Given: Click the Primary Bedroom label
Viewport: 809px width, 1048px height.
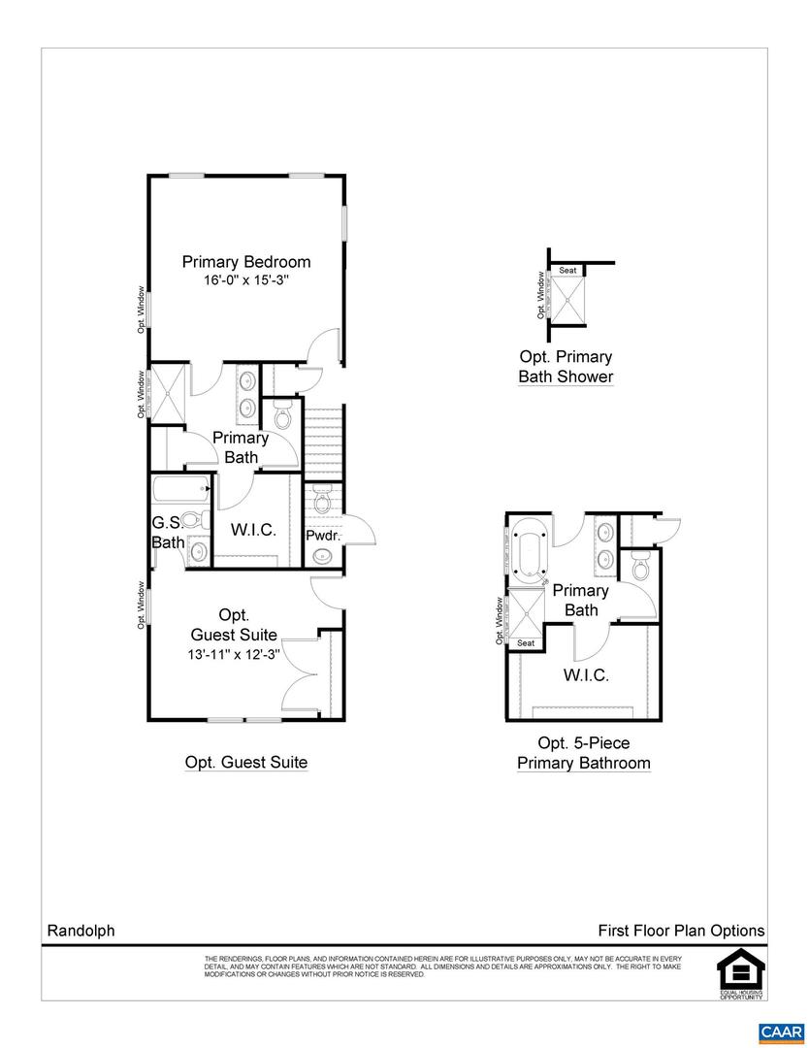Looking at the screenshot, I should point(246,261).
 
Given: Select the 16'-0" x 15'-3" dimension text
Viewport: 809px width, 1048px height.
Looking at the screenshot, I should point(246,280).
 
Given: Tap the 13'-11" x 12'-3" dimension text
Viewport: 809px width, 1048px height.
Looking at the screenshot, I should point(234,654).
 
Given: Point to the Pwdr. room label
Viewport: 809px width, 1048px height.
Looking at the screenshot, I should point(322,535).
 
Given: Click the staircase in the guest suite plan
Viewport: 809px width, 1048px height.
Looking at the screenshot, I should point(323,442).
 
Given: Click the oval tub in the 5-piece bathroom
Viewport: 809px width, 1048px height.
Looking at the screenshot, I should point(528,554).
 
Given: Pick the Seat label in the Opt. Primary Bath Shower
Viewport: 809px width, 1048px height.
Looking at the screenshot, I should point(567,271).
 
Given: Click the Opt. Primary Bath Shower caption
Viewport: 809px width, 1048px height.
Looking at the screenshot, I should point(566,367).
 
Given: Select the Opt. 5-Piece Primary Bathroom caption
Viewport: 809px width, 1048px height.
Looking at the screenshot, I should point(583,753).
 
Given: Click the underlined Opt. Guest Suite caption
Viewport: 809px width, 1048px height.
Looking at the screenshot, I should point(246,763).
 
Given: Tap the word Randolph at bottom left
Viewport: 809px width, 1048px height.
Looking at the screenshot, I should point(81,931).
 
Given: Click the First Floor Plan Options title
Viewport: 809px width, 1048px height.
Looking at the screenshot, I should point(681,931).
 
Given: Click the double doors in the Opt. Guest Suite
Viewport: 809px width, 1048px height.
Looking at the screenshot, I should point(302,676).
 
